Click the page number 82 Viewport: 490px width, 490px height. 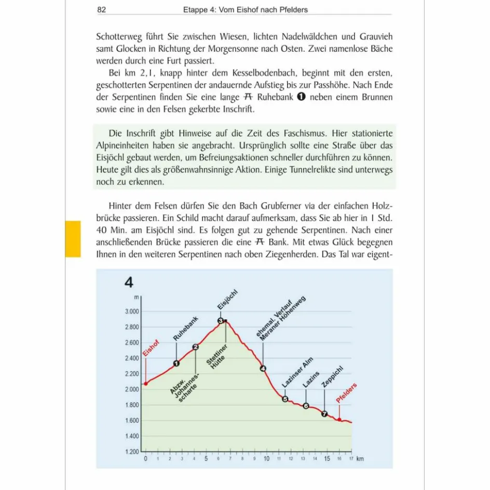pyautogui.click(x=102, y=9)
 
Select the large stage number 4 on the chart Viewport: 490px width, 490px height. pyautogui.click(x=129, y=283)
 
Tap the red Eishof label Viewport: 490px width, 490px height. pyautogui.click(x=151, y=350)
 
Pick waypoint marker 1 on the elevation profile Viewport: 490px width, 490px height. pyautogui.click(x=176, y=363)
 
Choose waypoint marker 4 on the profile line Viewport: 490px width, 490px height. pyautogui.click(x=263, y=369)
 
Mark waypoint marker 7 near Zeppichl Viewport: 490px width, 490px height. pyautogui.click(x=324, y=414)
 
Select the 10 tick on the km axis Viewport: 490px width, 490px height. pyautogui.click(x=266, y=459)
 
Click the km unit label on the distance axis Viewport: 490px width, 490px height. pyautogui.click(x=360, y=459)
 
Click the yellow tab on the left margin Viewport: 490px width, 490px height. pyautogui.click(x=73, y=239)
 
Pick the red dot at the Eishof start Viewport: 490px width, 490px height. pyautogui.click(x=146, y=384)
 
